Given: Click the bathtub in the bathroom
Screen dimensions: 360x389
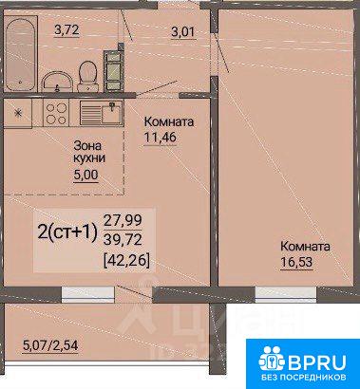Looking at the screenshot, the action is click(x=20, y=52).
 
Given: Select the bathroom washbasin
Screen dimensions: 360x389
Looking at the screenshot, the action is click(x=56, y=82).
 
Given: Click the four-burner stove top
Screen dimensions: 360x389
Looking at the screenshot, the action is click(x=56, y=114).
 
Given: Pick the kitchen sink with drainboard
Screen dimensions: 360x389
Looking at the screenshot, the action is click(x=101, y=113).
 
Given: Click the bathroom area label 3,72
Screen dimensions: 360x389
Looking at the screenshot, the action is click(x=66, y=30).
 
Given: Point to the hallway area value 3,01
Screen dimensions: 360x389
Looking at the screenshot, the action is click(x=184, y=32).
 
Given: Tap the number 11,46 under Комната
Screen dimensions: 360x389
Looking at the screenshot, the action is click(x=160, y=138).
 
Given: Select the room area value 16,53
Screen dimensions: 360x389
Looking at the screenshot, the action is click(x=296, y=262).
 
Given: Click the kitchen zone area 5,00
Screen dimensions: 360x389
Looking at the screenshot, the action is click(x=85, y=175).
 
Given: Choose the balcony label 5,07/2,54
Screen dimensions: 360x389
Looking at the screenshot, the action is click(x=50, y=345).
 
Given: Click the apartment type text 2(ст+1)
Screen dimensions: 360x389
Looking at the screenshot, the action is click(x=67, y=233).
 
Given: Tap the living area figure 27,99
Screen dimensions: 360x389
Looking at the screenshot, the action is click(x=123, y=220).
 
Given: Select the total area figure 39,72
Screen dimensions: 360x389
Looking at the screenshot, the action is click(x=123, y=241).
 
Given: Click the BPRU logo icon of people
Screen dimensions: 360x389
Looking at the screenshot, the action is click(x=272, y=359).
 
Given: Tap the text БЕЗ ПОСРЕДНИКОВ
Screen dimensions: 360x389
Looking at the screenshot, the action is click(x=303, y=378).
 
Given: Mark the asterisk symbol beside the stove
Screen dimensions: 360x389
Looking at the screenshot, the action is click(x=18, y=114).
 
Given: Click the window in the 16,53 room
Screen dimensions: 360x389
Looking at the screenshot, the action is click(x=286, y=293).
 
